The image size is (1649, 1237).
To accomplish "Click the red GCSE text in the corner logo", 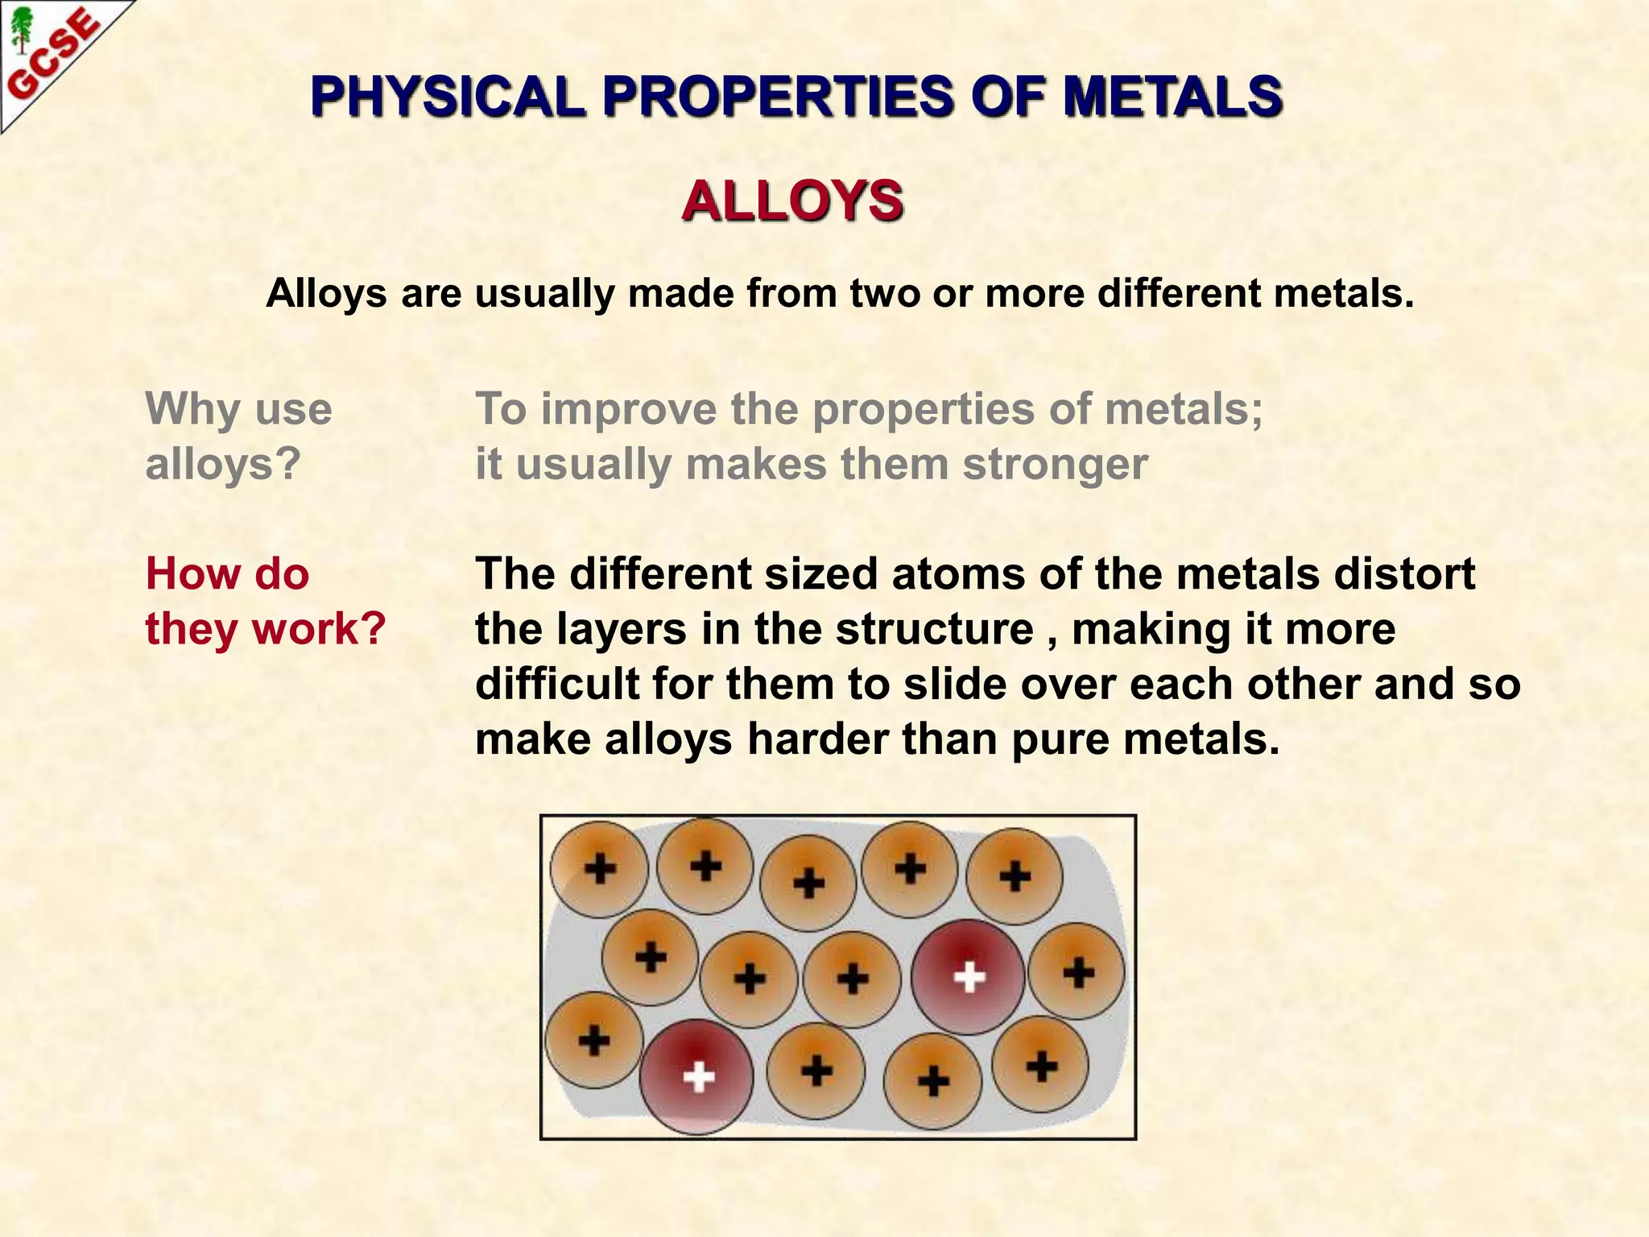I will click(x=55, y=56).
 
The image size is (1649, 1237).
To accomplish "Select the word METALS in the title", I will click(x=1172, y=97).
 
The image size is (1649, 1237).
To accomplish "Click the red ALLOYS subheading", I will click(x=792, y=201).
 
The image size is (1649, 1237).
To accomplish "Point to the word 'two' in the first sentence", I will click(x=886, y=293).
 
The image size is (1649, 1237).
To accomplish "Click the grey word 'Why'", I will click(x=190, y=408).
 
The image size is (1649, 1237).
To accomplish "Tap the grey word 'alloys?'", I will click(x=223, y=464).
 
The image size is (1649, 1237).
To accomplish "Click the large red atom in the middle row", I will click(x=969, y=977).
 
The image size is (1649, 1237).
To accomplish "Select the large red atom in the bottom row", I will click(x=697, y=1077).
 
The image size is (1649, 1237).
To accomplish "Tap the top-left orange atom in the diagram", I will click(x=599, y=869).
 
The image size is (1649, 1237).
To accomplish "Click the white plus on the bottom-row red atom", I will click(x=698, y=1077).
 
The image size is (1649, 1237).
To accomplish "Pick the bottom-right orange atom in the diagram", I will click(x=1041, y=1065).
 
